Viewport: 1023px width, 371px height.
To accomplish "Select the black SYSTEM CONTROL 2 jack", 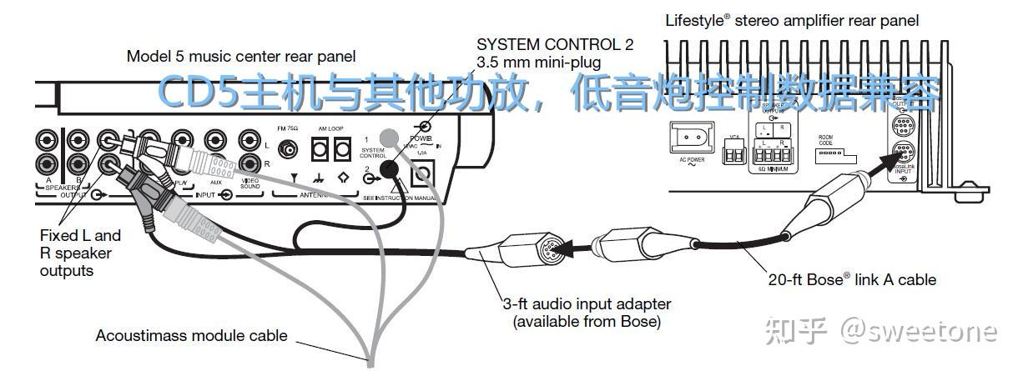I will pos(388,170).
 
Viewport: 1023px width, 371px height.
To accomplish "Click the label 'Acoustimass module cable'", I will pos(191,336).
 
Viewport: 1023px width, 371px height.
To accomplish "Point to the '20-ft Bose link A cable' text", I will pos(852,279).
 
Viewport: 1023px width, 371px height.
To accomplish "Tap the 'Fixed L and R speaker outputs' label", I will pos(80,253).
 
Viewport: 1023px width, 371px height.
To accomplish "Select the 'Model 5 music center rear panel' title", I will pos(241,57).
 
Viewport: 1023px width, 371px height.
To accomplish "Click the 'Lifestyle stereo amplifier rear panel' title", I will pos(792,20).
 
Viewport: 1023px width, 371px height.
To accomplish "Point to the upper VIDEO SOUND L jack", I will pos(248,141).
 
